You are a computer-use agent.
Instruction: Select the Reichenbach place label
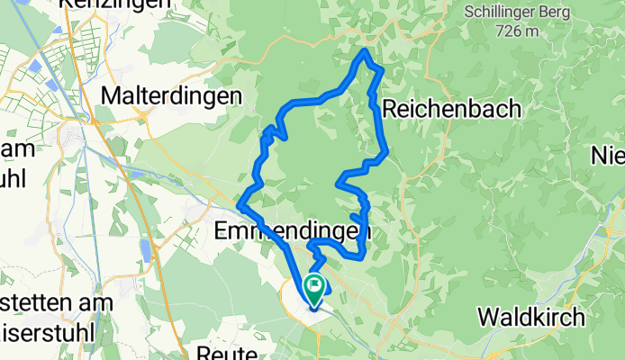[452, 109]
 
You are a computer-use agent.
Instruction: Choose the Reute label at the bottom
[226, 352]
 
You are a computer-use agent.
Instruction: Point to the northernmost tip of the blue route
[364, 51]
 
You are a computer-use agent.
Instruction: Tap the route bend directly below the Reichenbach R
[385, 154]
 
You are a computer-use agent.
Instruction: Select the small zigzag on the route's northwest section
[272, 133]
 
